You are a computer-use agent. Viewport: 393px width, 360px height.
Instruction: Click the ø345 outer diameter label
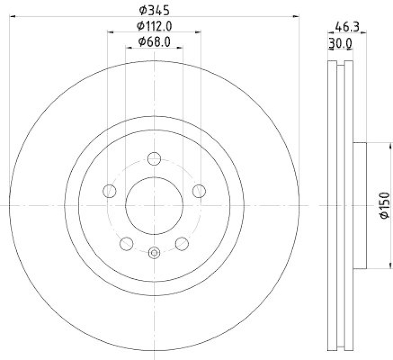point(154,9)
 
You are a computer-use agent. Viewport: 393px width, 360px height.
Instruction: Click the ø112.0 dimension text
point(154,26)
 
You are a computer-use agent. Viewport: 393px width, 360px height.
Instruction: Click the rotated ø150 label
point(384,206)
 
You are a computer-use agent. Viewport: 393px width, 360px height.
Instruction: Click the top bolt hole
point(154,159)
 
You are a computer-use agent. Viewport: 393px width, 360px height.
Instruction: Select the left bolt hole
point(109,191)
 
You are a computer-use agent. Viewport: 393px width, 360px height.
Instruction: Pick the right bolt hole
point(199,191)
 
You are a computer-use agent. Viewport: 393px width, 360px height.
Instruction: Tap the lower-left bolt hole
point(127,243)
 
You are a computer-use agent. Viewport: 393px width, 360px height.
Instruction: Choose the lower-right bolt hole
point(182,243)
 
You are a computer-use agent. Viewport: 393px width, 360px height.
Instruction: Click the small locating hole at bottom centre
point(154,252)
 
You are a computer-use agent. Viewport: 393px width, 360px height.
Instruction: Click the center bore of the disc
point(154,205)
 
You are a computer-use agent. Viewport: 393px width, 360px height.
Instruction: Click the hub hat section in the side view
point(360,206)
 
